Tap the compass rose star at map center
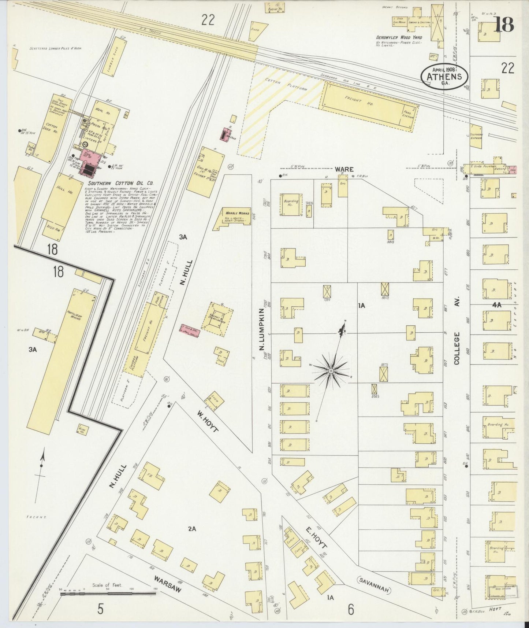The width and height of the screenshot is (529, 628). tap(331, 371)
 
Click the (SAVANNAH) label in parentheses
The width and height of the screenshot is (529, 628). tap(374, 588)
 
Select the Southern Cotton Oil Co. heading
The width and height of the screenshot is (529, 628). tap(120, 183)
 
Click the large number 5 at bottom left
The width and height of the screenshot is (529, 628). tap(101, 609)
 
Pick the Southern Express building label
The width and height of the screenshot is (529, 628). tap(477, 136)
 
